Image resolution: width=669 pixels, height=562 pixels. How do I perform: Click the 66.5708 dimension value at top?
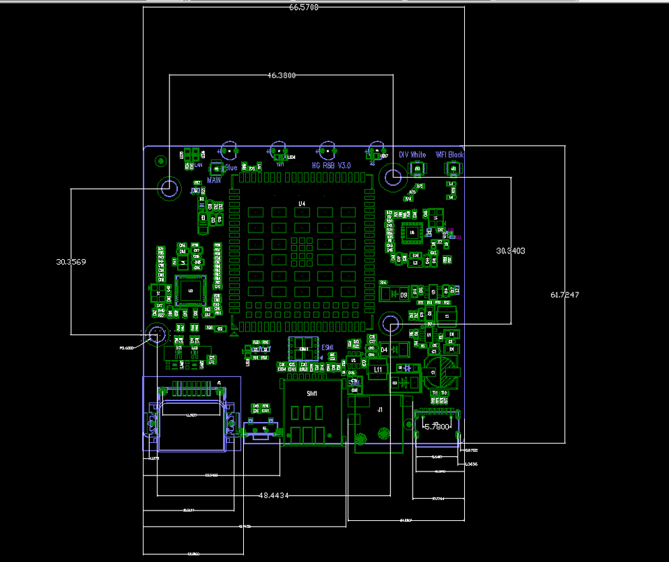303,8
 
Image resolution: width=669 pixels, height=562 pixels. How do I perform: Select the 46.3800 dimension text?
280,75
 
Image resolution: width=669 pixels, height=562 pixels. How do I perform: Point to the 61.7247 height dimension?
564,295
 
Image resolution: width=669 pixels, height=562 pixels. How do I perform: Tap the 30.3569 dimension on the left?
71,262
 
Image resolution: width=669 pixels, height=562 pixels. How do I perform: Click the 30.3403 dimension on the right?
510,250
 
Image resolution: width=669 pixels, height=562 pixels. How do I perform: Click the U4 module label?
302,203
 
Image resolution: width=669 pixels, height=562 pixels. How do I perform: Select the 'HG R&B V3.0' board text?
331,166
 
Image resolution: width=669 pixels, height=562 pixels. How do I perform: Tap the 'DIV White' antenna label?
412,155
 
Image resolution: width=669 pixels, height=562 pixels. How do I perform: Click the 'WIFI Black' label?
449,155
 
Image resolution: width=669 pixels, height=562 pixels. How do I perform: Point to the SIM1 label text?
312,394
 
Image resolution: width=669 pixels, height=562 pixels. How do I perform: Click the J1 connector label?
380,410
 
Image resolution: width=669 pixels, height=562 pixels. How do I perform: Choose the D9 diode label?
403,295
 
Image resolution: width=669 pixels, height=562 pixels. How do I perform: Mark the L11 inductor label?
378,369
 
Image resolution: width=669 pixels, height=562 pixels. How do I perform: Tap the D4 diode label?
383,349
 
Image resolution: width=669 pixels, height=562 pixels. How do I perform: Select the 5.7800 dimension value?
437,427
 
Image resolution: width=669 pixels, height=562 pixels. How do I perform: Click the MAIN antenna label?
214,180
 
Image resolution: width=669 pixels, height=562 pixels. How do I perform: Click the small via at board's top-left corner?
160,162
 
